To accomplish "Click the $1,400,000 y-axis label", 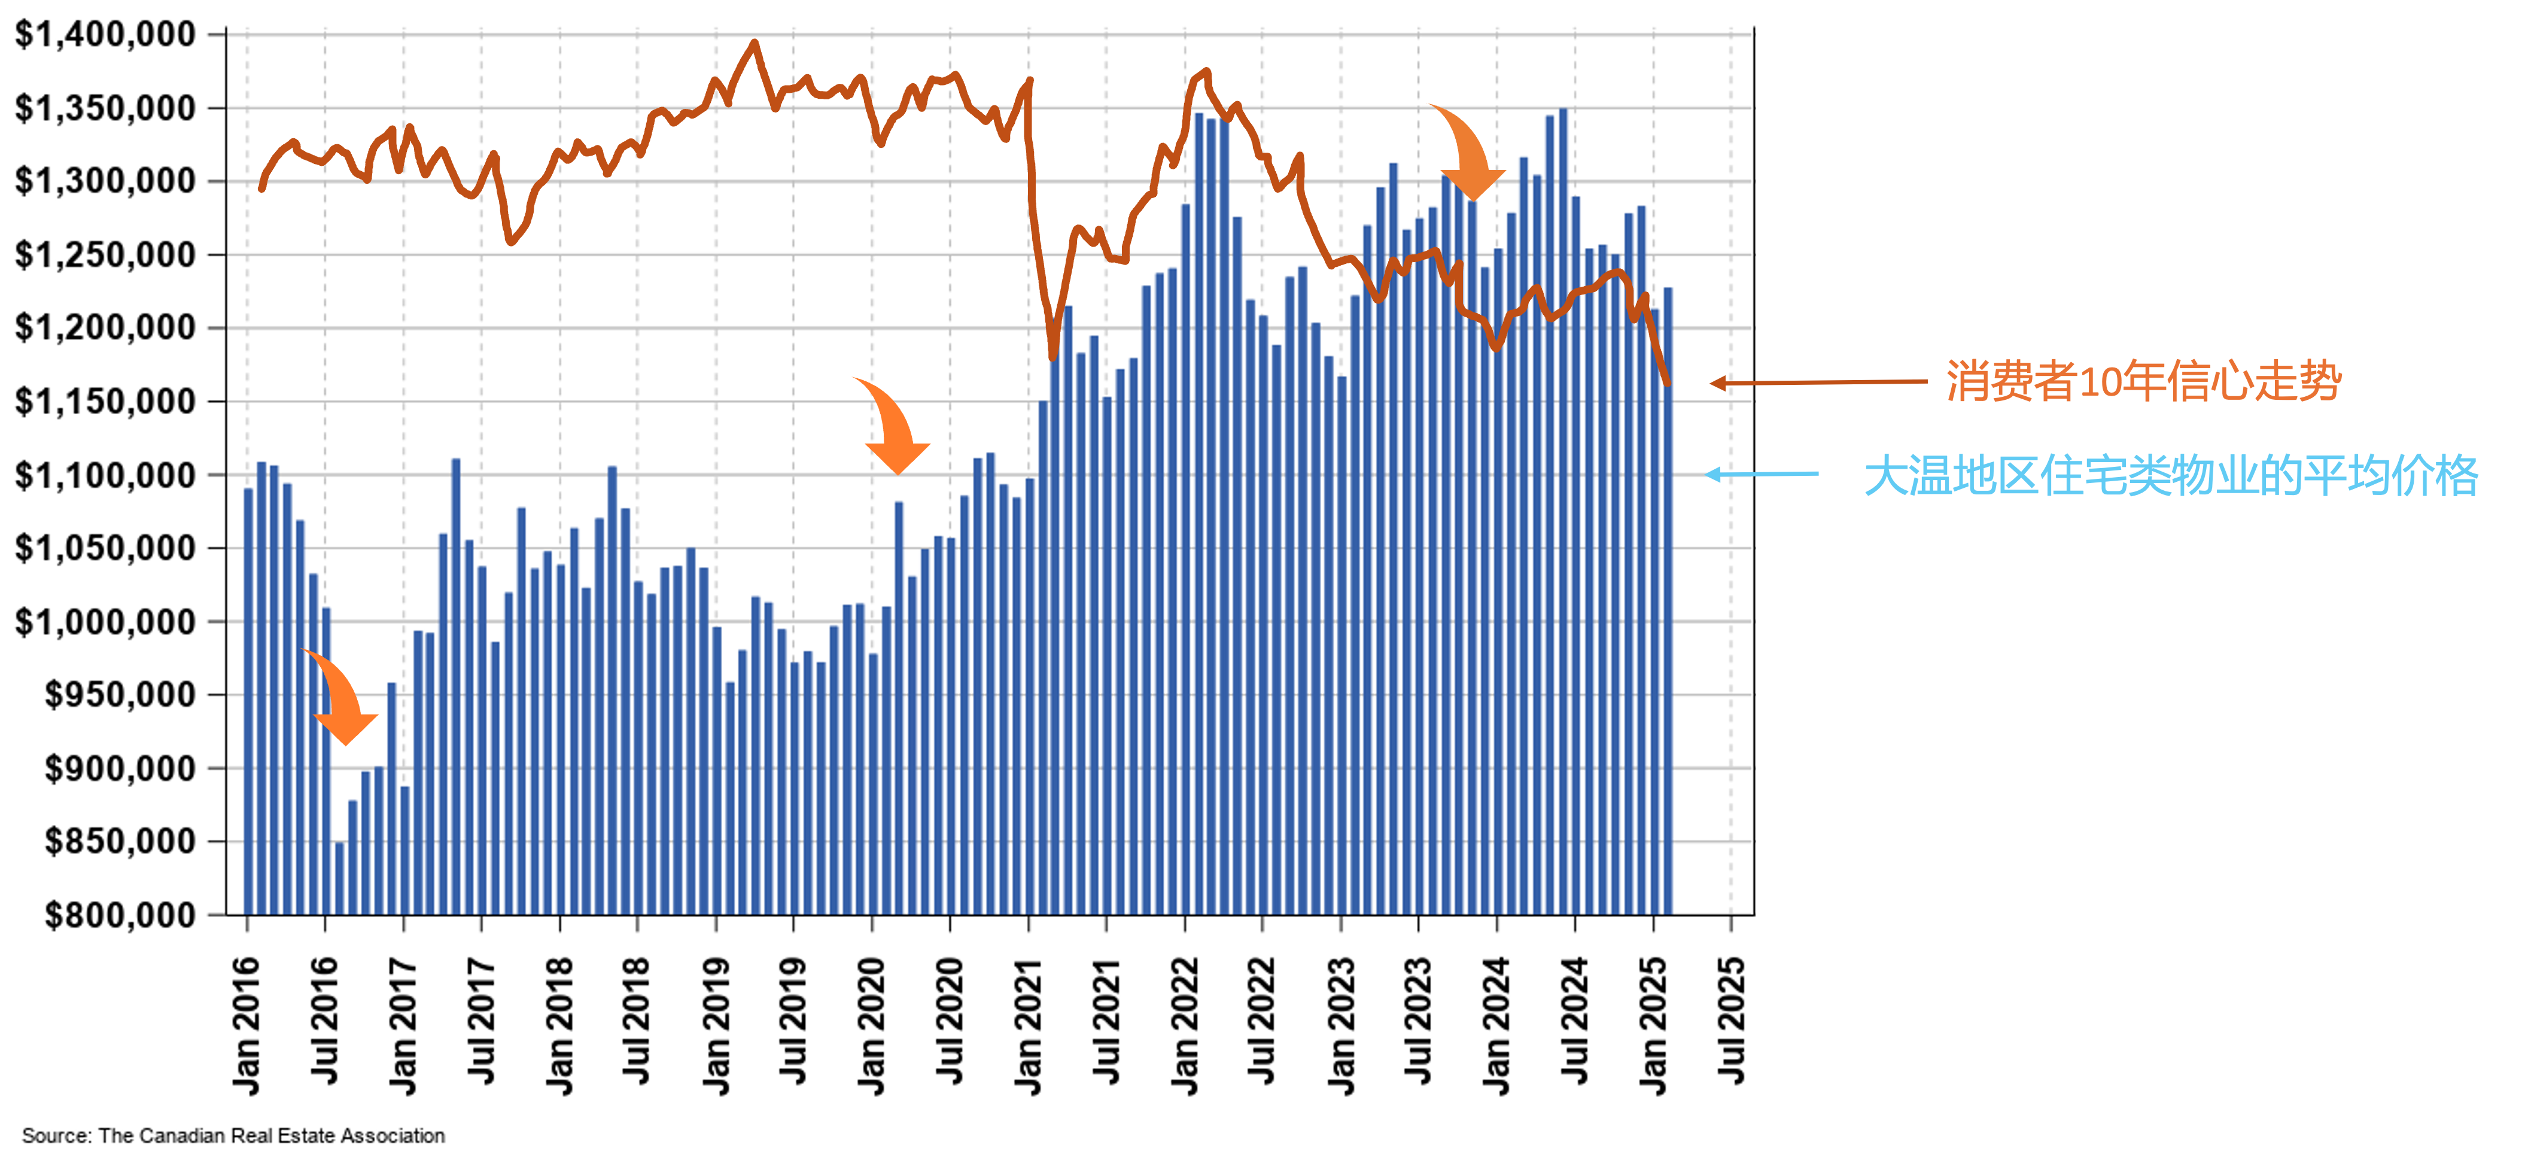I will click(105, 34).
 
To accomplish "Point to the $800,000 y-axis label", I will click(120, 916).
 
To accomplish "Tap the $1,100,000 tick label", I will click(105, 475).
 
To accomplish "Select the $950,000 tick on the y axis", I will click(120, 695).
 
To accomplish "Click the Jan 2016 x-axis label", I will click(247, 1025).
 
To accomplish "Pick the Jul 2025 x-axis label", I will click(1731, 1021).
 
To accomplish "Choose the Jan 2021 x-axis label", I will click(1027, 1025).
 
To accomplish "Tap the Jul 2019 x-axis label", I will click(793, 1021).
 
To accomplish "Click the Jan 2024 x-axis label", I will click(1496, 1025).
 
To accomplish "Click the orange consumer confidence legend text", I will click(2143, 381).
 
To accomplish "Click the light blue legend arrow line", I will click(1762, 474).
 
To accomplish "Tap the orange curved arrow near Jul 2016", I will click(342, 697).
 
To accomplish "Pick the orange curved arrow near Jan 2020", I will click(893, 426).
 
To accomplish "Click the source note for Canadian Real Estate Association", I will click(233, 1135).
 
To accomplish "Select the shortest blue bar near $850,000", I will click(339, 877).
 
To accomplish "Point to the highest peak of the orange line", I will click(754, 43).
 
